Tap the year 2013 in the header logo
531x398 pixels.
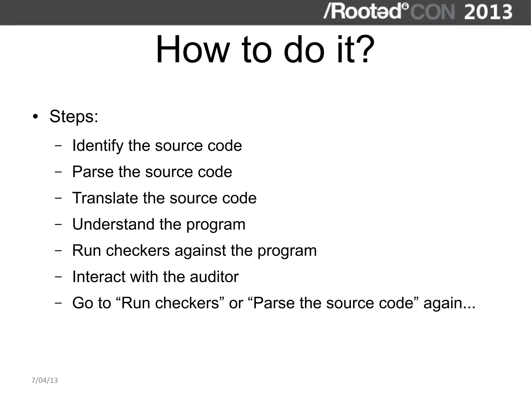488,12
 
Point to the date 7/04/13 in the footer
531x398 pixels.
45,380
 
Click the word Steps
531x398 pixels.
74,116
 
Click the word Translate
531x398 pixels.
105,198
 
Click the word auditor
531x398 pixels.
214,277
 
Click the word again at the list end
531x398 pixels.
449,303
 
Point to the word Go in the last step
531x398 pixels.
83,303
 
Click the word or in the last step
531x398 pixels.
236,303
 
